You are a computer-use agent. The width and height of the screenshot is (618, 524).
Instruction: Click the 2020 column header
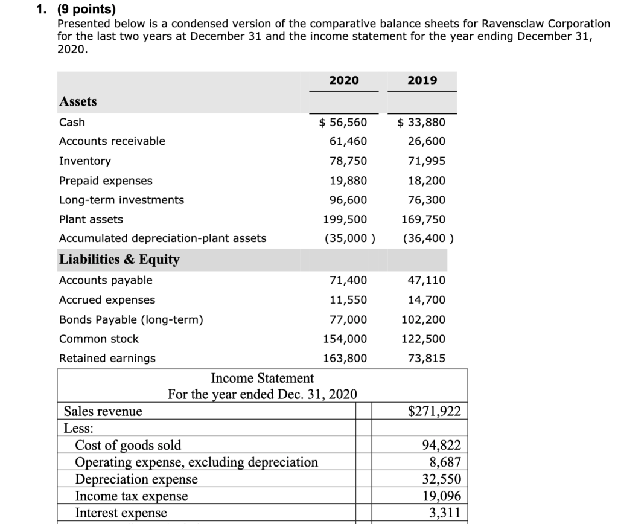click(343, 80)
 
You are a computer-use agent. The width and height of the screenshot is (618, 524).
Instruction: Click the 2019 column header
click(422, 80)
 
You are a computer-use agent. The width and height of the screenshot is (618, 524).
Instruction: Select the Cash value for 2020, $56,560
click(342, 123)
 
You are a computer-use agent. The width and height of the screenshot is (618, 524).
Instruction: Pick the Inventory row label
click(85, 161)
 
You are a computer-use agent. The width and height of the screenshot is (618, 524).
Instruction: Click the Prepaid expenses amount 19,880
click(347, 181)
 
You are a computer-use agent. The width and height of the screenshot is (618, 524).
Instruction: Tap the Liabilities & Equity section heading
click(119, 260)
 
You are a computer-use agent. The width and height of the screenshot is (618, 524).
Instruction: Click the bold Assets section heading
click(78, 101)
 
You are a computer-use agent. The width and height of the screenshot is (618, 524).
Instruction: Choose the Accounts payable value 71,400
click(347, 280)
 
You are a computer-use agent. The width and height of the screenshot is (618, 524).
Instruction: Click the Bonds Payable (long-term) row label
click(131, 319)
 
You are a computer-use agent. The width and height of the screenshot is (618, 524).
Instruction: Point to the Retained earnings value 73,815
click(426, 358)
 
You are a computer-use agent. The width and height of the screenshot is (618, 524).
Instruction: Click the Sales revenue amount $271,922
click(435, 412)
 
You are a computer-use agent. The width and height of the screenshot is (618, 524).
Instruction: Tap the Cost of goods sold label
click(127, 446)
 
